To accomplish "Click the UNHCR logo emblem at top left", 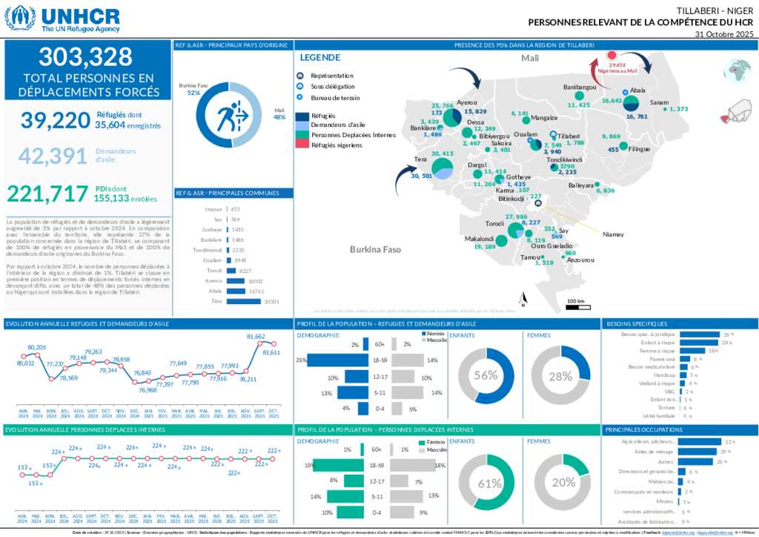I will coord(20,18).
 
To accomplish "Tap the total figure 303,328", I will coord(86,57).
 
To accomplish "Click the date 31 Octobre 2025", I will coord(724,34).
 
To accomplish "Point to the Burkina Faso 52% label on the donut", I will coord(193,89).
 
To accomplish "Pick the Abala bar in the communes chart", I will coord(240,291).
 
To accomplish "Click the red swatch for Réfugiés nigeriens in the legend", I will coord(302,145).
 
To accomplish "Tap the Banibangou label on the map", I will coord(580,88).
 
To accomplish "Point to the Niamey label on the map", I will coord(613,234).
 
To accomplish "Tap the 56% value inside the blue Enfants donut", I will coord(485,375).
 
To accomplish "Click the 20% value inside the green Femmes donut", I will coord(563,482).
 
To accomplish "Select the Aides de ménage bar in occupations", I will coord(697,452).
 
